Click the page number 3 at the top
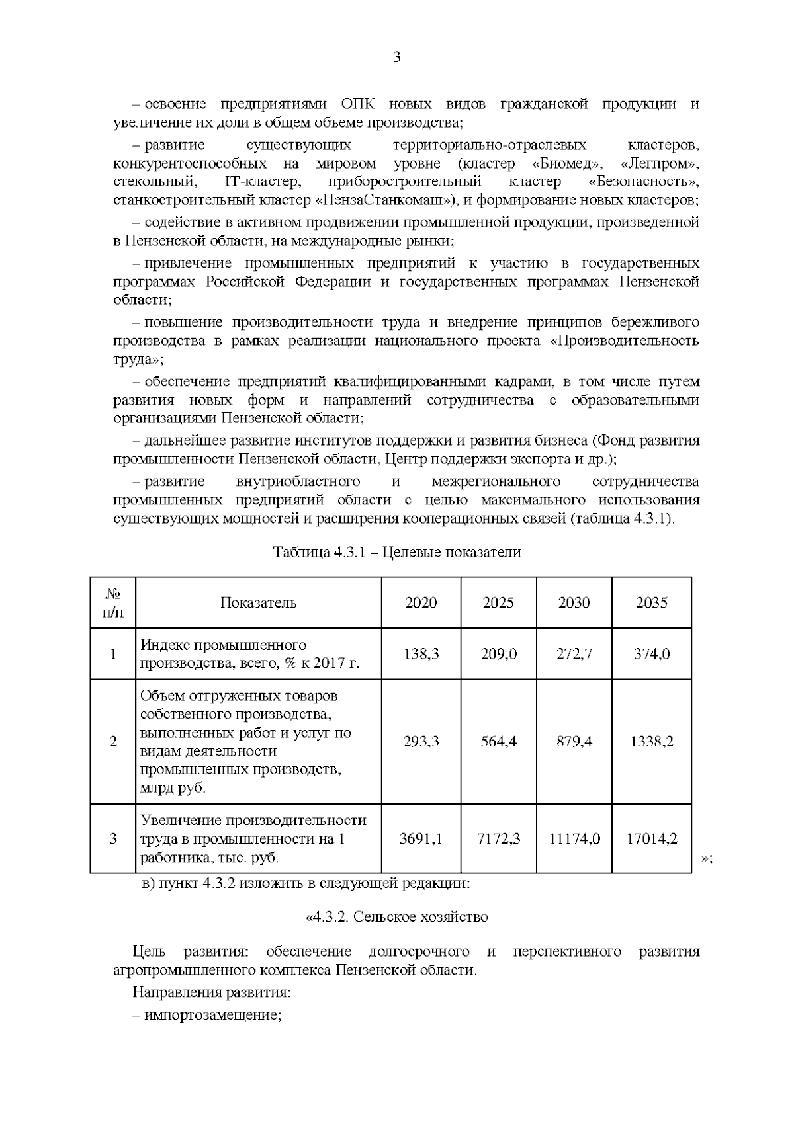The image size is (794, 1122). click(x=396, y=58)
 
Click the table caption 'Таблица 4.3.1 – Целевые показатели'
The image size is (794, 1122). click(x=397, y=553)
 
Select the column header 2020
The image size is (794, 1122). click(x=421, y=602)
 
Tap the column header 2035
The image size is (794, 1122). click(x=652, y=602)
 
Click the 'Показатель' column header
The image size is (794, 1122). click(x=258, y=602)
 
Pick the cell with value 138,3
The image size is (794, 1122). click(x=421, y=654)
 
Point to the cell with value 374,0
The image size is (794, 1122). click(x=652, y=654)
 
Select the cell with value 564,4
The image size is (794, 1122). click(x=498, y=741)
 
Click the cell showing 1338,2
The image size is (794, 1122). click(x=652, y=741)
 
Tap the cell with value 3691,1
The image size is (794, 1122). click(x=421, y=839)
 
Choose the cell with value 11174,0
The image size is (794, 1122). click(x=574, y=839)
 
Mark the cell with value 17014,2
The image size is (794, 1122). click(x=652, y=839)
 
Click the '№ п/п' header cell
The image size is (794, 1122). click(x=113, y=602)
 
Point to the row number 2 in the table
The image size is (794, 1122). click(x=113, y=741)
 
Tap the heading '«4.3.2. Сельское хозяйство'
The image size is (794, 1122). click(x=396, y=917)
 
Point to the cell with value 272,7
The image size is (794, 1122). click(x=574, y=654)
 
